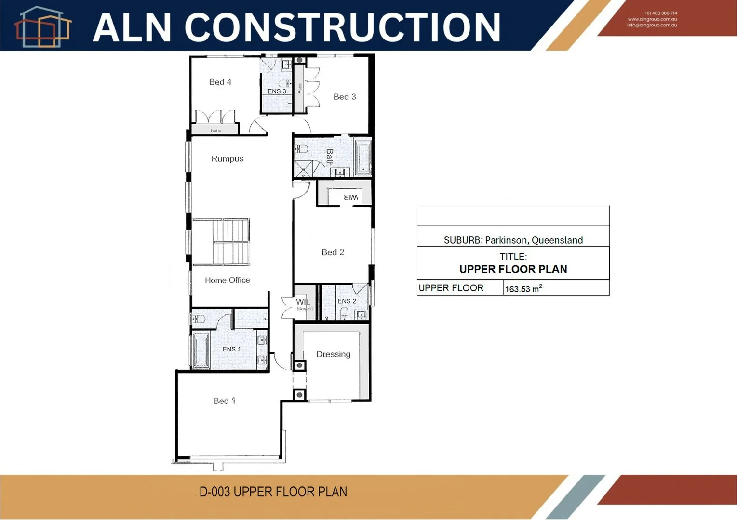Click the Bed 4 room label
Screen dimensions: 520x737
[220, 82]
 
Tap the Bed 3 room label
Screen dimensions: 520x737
[345, 97]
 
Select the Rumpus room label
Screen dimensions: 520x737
[228, 159]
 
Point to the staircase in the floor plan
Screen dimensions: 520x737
[221, 241]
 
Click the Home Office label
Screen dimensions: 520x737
[227, 280]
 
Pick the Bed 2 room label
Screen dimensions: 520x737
[333, 252]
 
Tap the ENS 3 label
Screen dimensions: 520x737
[277, 91]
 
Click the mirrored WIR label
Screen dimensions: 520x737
[350, 197]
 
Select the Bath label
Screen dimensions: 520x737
[330, 157]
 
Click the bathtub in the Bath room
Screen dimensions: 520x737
[362, 156]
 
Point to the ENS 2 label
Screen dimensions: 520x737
[347, 301]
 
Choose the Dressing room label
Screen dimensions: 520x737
[333, 354]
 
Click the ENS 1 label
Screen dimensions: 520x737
[231, 349]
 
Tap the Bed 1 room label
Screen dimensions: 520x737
[224, 401]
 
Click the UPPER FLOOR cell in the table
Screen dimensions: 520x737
[451, 288]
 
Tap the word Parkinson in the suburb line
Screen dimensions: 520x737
[506, 240]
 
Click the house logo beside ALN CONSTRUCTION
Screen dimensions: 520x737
[42, 26]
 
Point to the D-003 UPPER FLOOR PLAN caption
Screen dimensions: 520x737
[273, 492]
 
